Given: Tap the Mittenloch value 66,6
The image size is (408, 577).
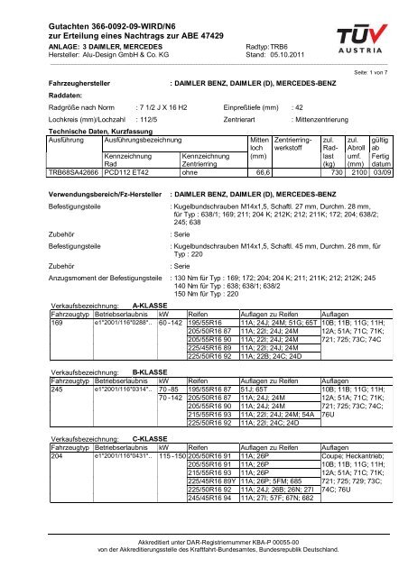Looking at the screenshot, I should click(x=264, y=197).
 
